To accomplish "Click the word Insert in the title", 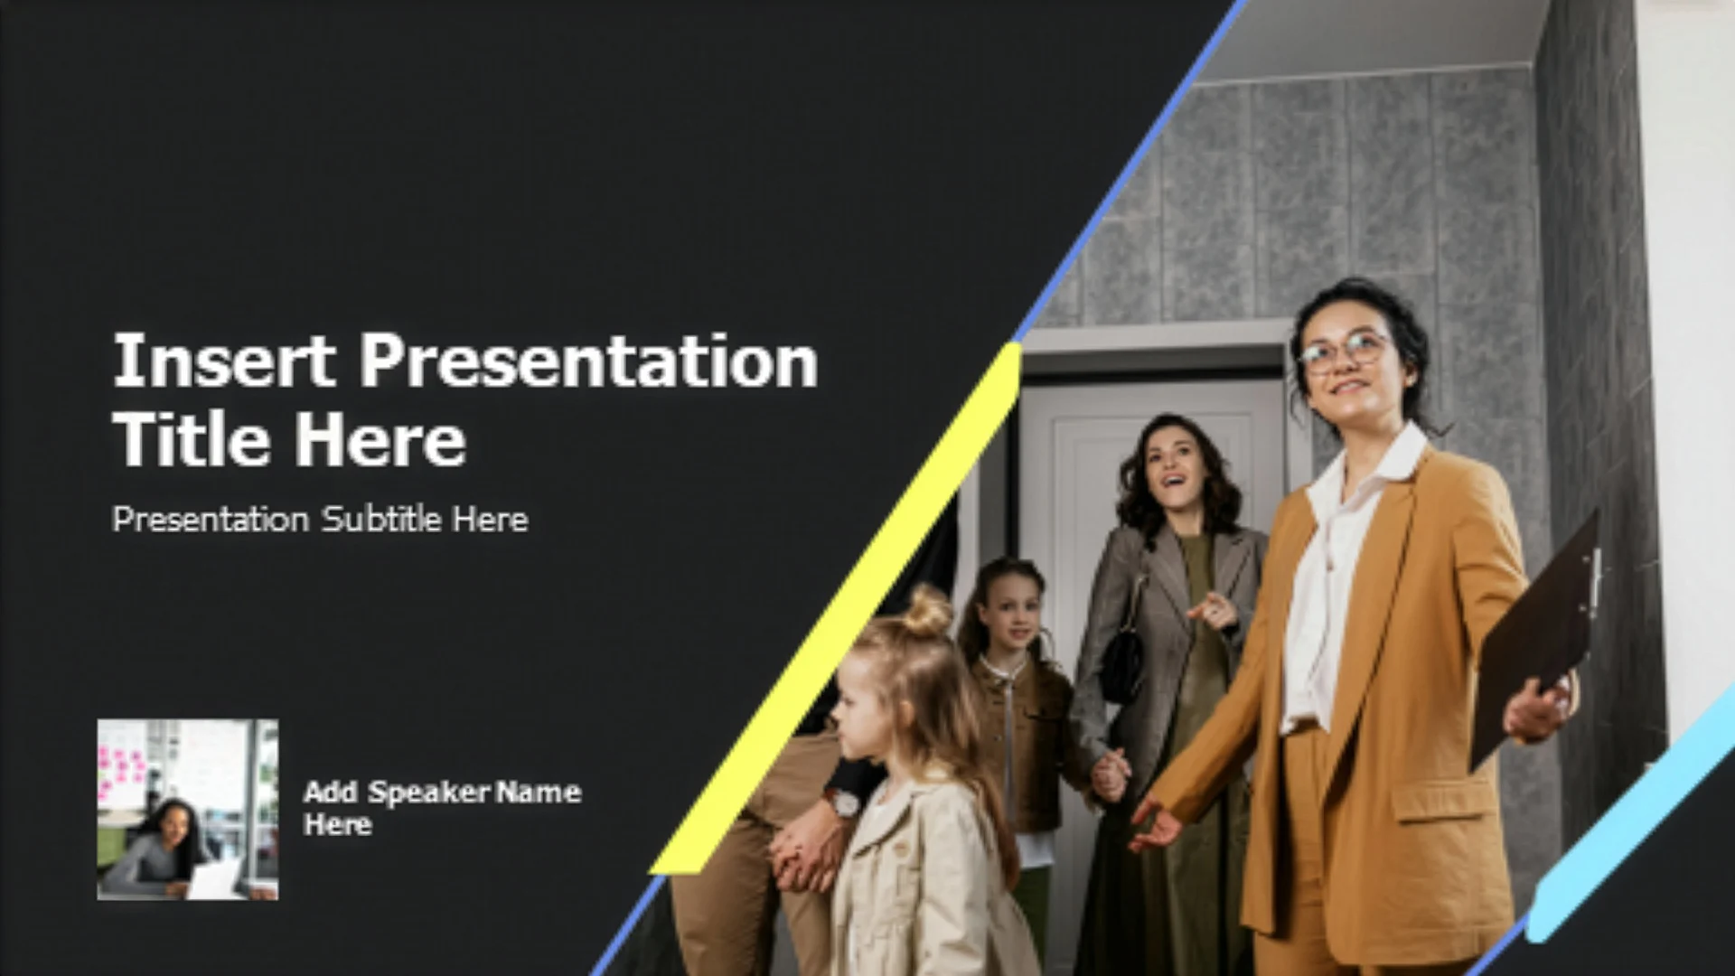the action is tap(224, 361).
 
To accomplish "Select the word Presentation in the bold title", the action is tap(589, 361).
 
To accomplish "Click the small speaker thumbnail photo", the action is tap(188, 809).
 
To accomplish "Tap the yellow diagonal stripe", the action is tap(836, 610).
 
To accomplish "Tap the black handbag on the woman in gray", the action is tap(1122, 665).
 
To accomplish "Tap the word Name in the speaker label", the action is tap(539, 793).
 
